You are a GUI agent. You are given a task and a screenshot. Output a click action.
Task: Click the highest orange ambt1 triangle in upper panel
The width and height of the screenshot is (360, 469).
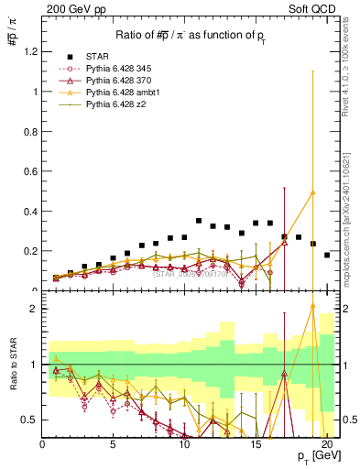click(x=313, y=192)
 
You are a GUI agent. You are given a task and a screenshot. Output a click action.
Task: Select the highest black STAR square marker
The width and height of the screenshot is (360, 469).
click(x=199, y=221)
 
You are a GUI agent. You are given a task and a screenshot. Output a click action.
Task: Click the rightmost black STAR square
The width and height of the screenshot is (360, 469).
click(x=327, y=255)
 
